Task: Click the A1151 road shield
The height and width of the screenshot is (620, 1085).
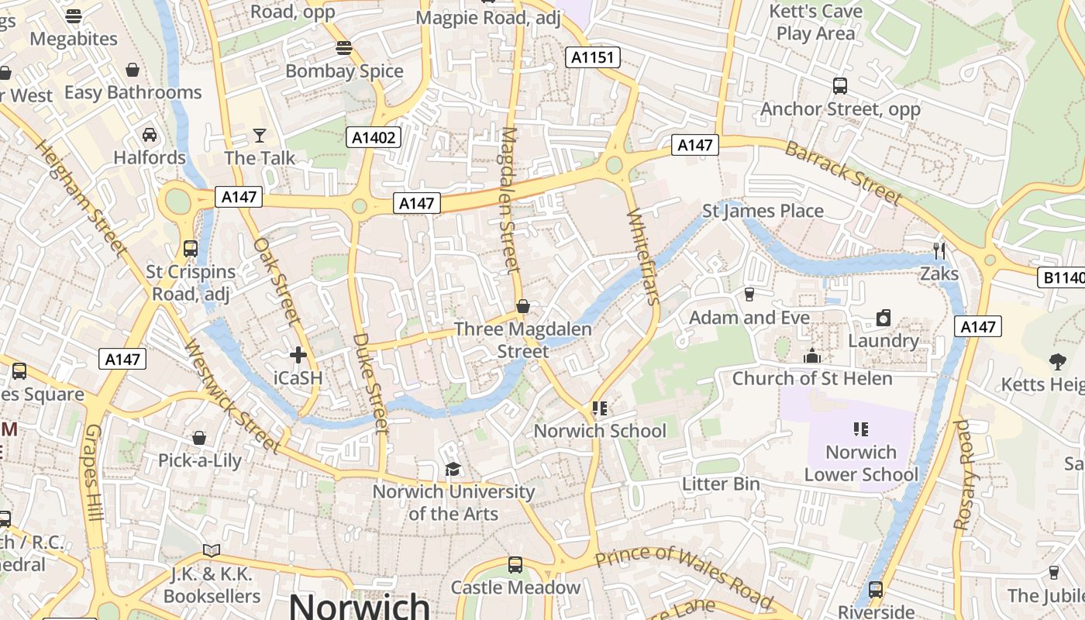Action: tap(593, 57)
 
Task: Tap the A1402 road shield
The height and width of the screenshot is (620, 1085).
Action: tap(374, 138)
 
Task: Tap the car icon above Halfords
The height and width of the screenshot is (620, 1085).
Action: tap(150, 135)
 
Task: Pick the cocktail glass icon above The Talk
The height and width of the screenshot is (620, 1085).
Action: tap(260, 136)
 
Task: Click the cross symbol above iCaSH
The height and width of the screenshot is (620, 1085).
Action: tap(298, 355)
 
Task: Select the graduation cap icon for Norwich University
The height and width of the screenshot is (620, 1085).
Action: tap(453, 469)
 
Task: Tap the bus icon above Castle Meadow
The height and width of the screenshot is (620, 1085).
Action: tap(515, 565)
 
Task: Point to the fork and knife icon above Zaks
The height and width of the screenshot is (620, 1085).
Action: tap(939, 250)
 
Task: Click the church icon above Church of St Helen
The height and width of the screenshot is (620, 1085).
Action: tap(812, 356)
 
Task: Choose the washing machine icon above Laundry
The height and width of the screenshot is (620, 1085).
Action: tap(883, 318)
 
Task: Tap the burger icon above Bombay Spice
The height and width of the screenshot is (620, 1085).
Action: tap(344, 48)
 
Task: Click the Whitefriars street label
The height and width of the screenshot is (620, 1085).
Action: tap(643, 257)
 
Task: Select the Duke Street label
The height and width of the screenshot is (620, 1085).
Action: tap(370, 383)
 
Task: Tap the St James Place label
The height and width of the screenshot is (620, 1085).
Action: tap(763, 211)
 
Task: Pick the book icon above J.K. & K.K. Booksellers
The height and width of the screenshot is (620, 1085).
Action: tap(212, 550)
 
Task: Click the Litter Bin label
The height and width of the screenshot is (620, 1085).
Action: tap(721, 484)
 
